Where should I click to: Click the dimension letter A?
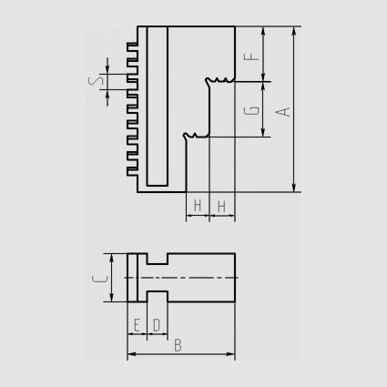283,112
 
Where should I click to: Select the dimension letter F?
251,56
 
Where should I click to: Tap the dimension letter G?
251,111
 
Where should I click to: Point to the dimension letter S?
96,81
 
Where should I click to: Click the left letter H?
198,206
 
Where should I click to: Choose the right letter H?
221,207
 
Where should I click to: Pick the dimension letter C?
100,279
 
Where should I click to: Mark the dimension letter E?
137,325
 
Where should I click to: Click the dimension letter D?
157,325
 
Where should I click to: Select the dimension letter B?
178,345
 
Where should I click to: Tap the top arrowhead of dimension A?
294,31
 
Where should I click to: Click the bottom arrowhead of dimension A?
294,188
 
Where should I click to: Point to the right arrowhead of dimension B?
230,354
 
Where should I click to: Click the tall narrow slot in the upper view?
158,106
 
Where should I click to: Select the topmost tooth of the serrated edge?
132,46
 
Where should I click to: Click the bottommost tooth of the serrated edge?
132,172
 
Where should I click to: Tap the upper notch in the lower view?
158,259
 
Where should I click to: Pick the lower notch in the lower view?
158,297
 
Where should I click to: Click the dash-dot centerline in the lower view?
181,278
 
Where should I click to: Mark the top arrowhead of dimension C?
112,258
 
